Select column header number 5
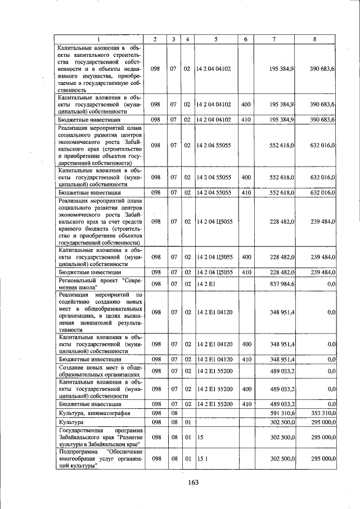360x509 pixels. (215, 39)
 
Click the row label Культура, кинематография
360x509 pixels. (92, 413)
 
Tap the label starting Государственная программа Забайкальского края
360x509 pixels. (99, 436)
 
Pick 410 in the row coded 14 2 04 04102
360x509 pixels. (246, 120)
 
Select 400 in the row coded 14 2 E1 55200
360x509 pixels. (246, 389)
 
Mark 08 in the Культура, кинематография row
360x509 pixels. (174, 413)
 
